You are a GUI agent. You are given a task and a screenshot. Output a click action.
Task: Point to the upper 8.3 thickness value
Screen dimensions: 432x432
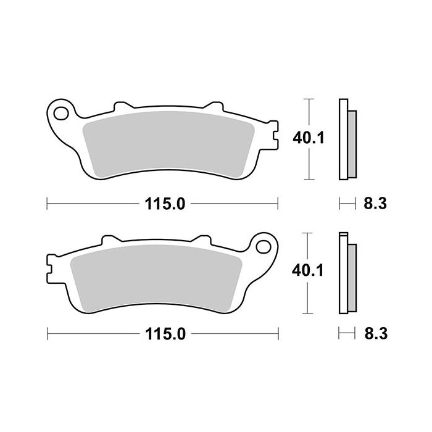click(375, 203)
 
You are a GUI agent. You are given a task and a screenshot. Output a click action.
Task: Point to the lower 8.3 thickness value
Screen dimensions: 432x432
click(375, 334)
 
